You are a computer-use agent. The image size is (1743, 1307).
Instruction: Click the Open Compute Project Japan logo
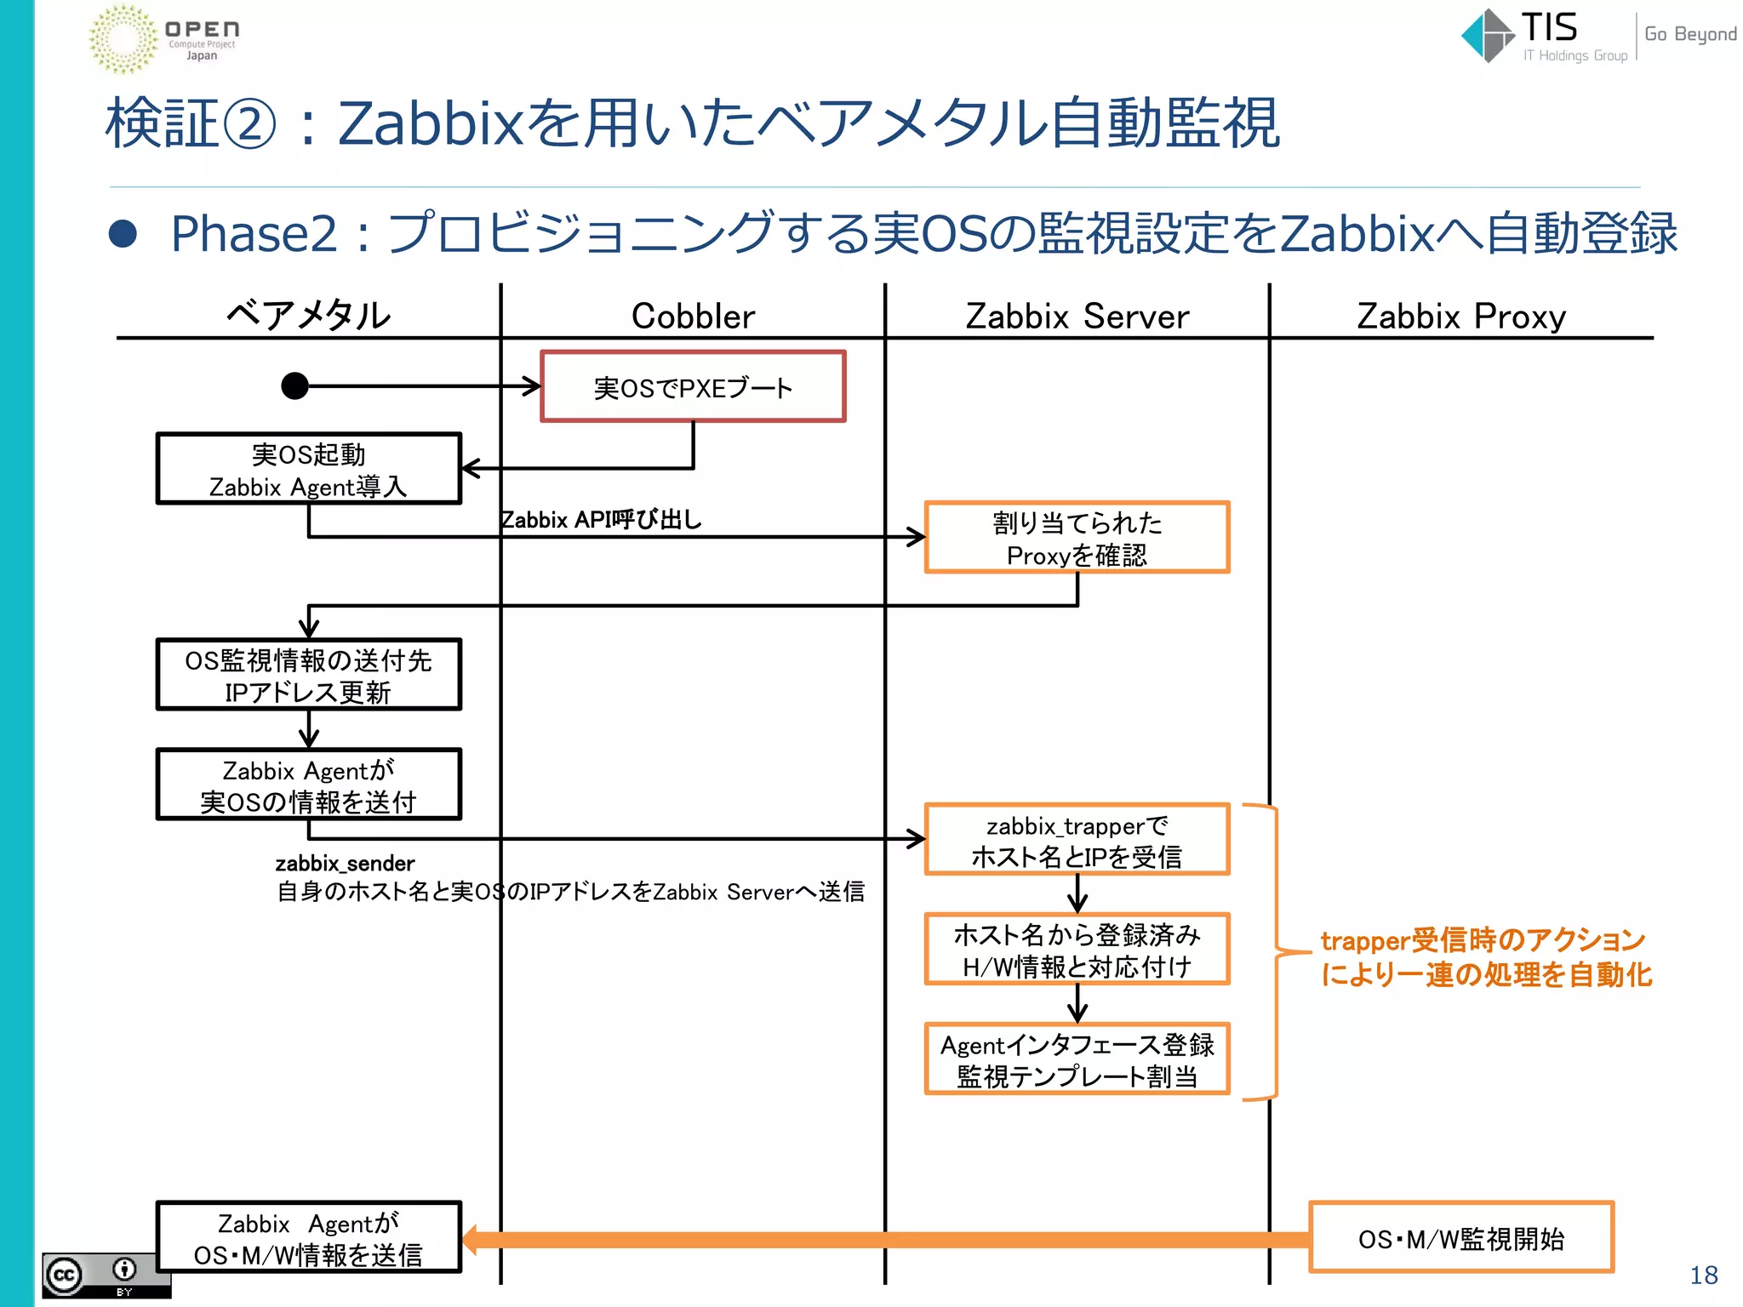(163, 38)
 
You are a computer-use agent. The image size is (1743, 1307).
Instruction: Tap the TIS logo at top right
(1542, 36)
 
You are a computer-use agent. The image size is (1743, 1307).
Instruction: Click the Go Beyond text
(1689, 34)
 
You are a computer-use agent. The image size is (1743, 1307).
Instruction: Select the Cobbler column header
(693, 316)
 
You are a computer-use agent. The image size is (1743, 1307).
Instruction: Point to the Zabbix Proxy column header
(1460, 316)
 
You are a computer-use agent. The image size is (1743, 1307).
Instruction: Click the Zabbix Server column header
(1077, 316)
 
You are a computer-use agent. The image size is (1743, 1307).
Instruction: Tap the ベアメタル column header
(308, 316)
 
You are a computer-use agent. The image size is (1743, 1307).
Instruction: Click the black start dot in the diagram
(294, 385)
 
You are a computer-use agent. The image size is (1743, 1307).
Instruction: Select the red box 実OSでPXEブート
(693, 386)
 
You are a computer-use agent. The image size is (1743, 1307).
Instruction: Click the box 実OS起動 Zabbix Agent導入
(308, 469)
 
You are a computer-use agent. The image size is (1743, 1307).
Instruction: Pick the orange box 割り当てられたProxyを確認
(1077, 538)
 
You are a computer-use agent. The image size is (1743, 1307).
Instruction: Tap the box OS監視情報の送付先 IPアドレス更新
(308, 675)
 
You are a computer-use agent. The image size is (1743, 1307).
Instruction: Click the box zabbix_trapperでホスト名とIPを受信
(1077, 839)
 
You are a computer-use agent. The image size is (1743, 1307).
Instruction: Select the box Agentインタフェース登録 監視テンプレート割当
(1077, 1059)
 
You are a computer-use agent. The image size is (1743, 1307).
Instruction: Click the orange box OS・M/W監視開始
(1460, 1238)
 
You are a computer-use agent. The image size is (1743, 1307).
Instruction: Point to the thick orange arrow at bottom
(885, 1239)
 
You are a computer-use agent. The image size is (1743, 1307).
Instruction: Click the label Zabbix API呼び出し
(601, 519)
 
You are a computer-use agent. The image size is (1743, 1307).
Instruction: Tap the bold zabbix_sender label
(345, 864)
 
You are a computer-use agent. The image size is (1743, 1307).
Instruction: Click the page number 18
(1703, 1275)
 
